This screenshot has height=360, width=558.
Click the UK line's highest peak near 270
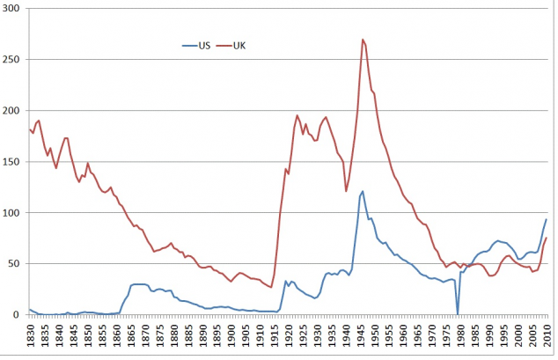point(362,40)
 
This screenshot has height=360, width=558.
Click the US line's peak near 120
point(363,191)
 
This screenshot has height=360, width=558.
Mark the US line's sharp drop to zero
point(458,313)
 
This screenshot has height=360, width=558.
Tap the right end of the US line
point(547,219)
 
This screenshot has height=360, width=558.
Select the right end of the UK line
point(547,238)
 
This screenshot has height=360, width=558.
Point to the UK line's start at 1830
point(30,129)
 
